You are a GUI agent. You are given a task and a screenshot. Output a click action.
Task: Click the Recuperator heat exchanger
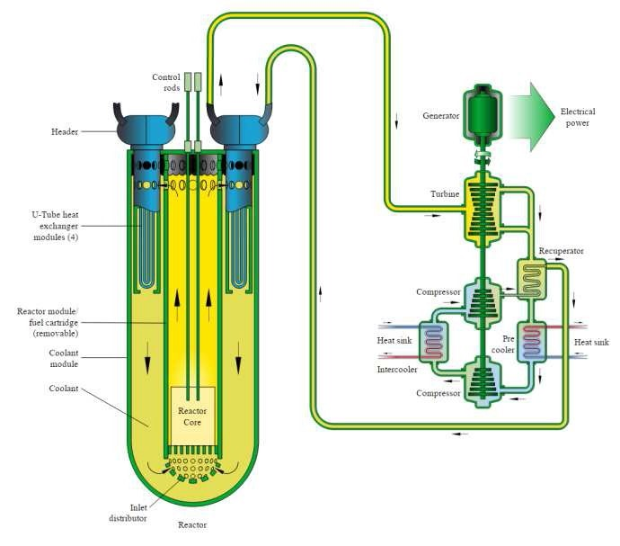click(534, 282)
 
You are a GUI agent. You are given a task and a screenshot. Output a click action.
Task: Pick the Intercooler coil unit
click(435, 342)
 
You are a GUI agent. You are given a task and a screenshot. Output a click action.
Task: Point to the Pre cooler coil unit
click(534, 342)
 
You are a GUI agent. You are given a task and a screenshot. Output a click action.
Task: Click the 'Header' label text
click(65, 132)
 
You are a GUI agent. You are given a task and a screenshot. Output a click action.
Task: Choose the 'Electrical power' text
click(577, 117)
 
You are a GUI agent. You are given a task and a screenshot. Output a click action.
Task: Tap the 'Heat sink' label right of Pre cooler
click(590, 343)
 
